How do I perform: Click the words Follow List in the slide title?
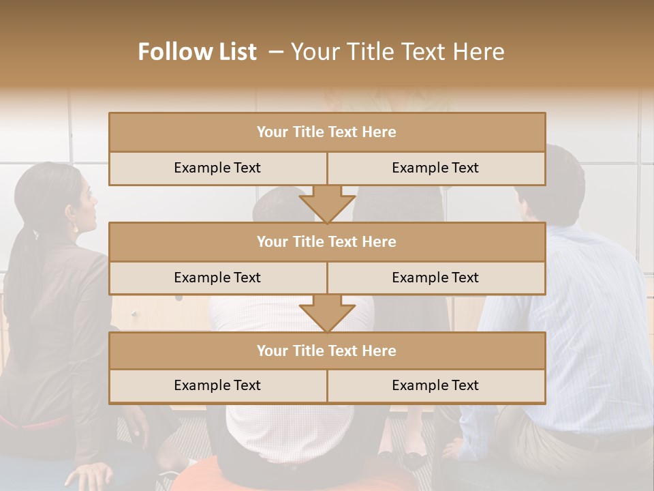[197, 52]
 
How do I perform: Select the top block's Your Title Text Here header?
[326, 132]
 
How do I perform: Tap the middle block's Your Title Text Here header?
[326, 241]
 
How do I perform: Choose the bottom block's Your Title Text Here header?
[326, 351]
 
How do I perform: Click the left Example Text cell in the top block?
[217, 168]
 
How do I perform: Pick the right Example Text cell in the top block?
[435, 168]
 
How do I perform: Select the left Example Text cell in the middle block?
[217, 278]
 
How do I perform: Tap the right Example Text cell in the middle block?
[435, 278]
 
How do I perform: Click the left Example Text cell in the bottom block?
[217, 385]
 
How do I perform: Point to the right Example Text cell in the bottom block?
[435, 385]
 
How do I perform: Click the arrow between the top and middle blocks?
[327, 203]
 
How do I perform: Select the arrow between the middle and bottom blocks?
[327, 313]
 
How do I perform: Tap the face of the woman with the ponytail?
[85, 201]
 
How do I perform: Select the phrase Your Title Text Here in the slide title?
[397, 52]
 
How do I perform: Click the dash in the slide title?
[276, 52]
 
